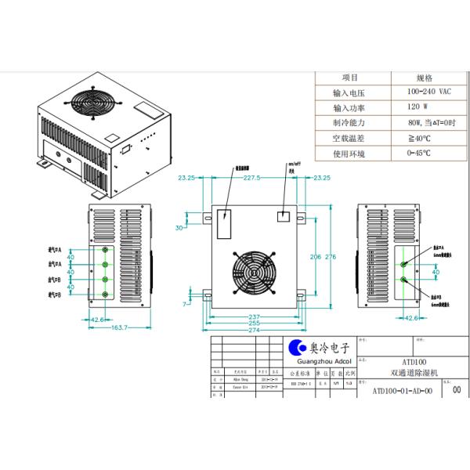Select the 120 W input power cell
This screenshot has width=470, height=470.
point(418,108)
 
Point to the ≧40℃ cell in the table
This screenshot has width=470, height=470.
point(418,138)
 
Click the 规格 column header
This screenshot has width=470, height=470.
point(424,78)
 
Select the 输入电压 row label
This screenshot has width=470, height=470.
point(349,93)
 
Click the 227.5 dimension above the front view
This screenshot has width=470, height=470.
point(251,179)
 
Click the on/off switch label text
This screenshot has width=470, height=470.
point(285,166)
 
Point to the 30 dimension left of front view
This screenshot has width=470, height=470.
point(179,227)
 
